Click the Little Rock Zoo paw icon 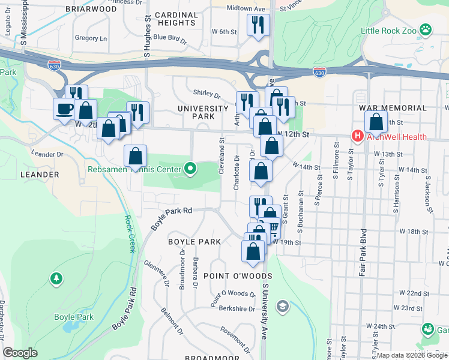pos(425,29)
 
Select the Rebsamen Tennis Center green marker pos(190,169)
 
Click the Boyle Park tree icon pos(56,278)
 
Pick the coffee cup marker pos(64,109)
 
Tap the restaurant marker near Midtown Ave pos(258,25)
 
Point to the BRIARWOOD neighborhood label pos(91,9)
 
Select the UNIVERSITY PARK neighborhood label pos(203,112)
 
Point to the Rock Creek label pos(129,234)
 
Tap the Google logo pos(20,353)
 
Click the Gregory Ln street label pos(91,38)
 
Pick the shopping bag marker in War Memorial pos(376,122)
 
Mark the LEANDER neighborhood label pos(39,175)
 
